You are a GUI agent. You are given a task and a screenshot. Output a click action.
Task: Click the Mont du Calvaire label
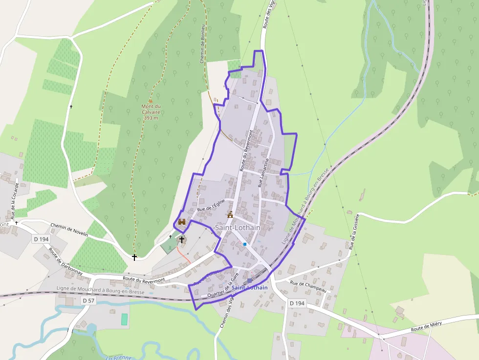click(x=151, y=112)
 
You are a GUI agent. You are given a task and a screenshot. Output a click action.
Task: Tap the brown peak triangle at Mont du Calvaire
click(x=151, y=101)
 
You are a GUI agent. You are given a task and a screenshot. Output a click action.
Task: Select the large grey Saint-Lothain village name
click(x=238, y=228)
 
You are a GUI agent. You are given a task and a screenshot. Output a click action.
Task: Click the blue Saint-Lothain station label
click(x=250, y=288)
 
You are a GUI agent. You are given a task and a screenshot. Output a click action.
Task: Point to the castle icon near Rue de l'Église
click(x=182, y=222)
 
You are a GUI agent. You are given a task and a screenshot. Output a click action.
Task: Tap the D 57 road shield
click(x=88, y=300)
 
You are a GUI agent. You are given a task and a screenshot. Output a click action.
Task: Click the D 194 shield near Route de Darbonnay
click(x=42, y=239)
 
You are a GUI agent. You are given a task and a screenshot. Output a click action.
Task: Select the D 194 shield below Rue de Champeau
click(x=297, y=303)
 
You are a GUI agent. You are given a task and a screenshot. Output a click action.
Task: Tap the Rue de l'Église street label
click(x=211, y=205)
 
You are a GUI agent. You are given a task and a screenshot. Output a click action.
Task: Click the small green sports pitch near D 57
click(x=124, y=319)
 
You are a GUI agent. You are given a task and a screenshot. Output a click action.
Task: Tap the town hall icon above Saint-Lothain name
click(x=230, y=214)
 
